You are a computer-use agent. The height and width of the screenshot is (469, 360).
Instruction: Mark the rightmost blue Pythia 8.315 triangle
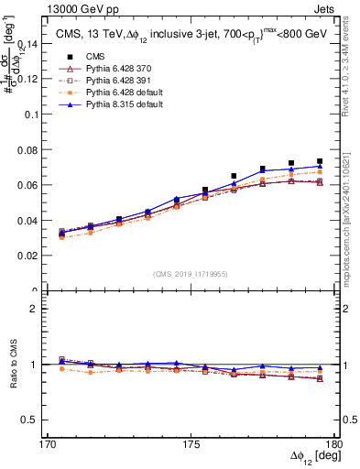pos(320,166)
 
